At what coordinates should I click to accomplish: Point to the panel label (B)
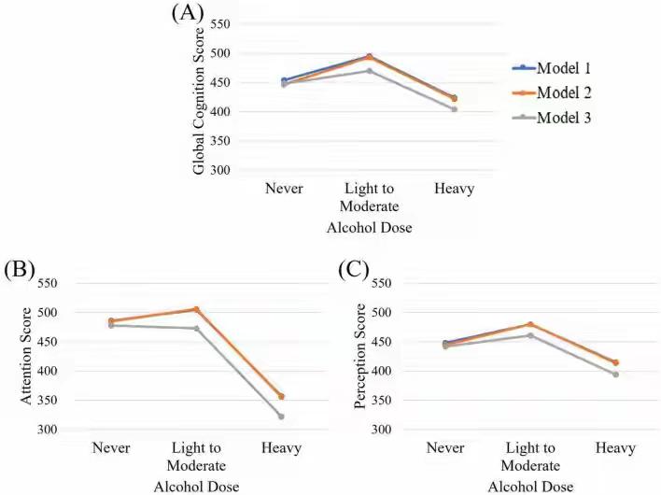[20, 270]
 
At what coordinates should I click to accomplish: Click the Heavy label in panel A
[454, 189]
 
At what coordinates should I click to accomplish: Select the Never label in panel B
[111, 448]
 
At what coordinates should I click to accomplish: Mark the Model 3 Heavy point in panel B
[281, 417]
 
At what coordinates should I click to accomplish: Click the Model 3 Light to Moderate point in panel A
[369, 71]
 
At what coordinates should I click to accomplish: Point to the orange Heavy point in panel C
[615, 362]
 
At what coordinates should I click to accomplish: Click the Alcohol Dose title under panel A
[370, 227]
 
